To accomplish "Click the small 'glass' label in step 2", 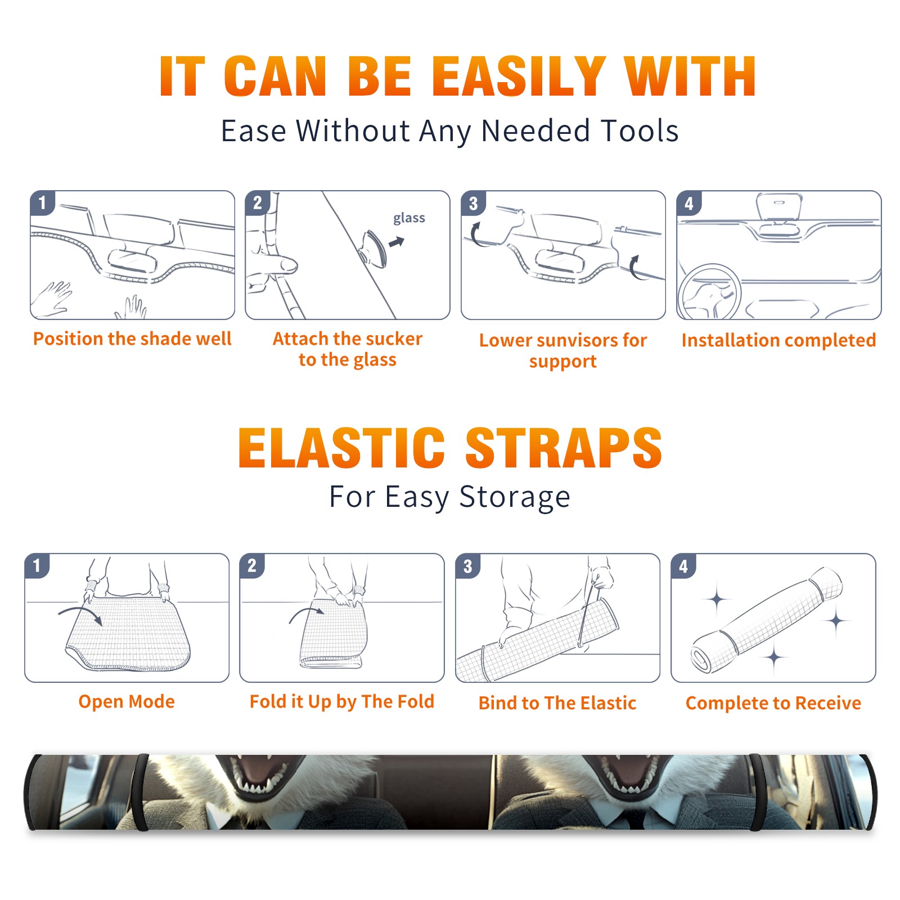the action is tap(409, 218).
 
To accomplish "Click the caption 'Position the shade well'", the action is tap(132, 339).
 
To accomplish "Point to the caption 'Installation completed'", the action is tap(778, 340).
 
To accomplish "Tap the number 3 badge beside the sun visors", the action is tap(473, 203).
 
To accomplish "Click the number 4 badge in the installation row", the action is tap(689, 203).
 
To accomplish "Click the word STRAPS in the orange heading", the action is tap(564, 448).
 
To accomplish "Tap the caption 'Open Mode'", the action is tap(127, 701).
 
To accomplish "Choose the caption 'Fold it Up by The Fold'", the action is tap(342, 702).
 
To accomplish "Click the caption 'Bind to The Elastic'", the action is tap(557, 703).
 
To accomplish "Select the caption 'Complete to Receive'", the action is tap(773, 703).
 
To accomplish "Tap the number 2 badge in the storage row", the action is tap(252, 566).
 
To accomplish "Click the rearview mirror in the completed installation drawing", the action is tap(779, 206).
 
